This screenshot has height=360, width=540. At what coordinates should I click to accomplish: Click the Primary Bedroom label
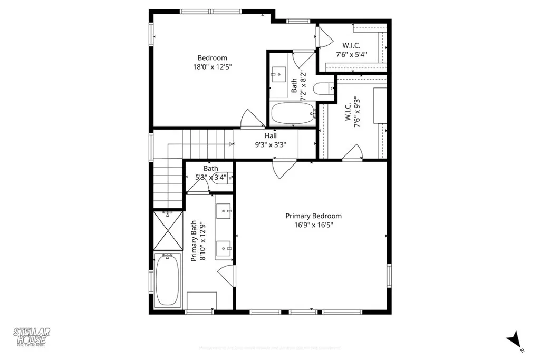(313, 216)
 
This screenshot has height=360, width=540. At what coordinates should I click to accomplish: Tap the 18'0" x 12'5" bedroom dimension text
(212, 67)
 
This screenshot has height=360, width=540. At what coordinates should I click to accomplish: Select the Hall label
(271, 136)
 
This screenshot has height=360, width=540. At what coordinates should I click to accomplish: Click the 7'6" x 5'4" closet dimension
(351, 54)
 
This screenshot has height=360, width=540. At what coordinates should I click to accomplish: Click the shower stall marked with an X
(168, 231)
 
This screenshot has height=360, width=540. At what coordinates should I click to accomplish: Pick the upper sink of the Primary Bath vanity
(226, 211)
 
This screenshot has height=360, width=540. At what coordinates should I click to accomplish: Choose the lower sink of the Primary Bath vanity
(226, 246)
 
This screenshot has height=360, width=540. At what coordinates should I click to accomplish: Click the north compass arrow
(514, 340)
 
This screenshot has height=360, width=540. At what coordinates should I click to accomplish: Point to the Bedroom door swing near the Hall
(252, 119)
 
